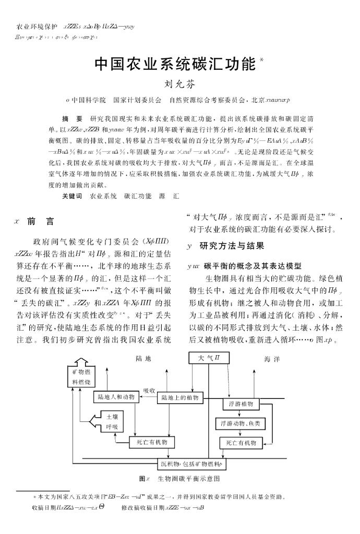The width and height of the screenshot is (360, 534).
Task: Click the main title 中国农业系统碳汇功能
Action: click(175, 64)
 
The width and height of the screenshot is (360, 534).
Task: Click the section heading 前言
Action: click(40, 222)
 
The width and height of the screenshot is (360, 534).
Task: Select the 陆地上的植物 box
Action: click(180, 398)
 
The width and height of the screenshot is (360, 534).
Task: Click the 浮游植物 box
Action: click(241, 404)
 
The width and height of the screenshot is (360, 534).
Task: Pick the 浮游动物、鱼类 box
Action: click(241, 424)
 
